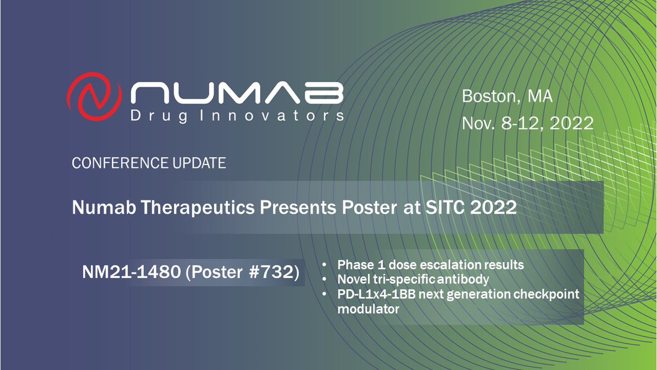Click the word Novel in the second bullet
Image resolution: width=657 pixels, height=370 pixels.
(352, 280)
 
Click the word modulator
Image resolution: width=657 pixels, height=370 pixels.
(368, 309)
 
